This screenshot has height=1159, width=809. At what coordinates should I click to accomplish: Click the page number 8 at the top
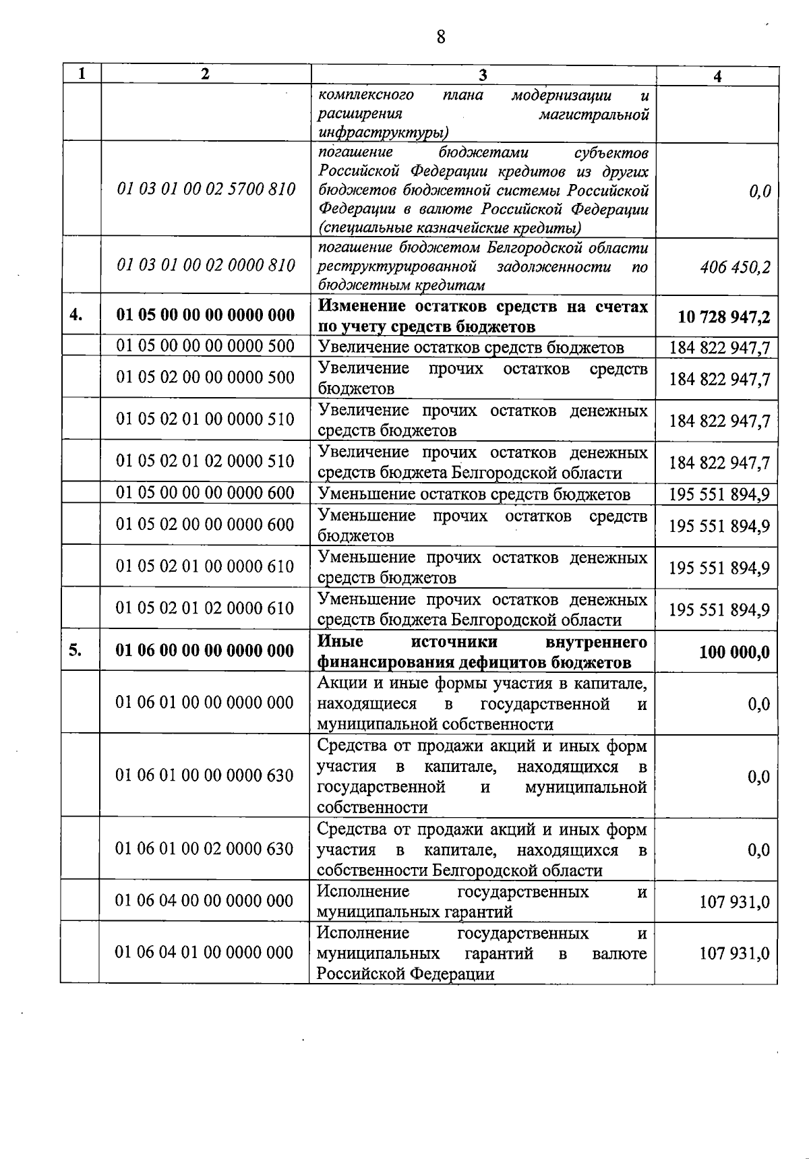(441, 36)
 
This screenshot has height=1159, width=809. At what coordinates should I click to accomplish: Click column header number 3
(483, 75)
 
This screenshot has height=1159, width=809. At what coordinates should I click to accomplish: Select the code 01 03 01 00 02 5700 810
(206, 189)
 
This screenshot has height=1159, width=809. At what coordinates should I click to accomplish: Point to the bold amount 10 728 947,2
(723, 317)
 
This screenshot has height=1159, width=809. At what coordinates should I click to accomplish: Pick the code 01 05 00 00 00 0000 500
(206, 347)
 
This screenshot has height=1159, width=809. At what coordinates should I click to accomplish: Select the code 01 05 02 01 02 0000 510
(206, 461)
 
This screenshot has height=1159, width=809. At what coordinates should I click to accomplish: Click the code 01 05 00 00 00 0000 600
(206, 494)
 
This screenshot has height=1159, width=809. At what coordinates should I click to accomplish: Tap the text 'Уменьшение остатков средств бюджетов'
(473, 495)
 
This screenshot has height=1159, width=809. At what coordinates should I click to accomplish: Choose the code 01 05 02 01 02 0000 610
(205, 608)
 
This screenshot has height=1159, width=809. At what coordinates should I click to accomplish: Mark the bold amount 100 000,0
(734, 653)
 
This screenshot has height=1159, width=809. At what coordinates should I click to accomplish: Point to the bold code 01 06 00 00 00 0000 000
(205, 651)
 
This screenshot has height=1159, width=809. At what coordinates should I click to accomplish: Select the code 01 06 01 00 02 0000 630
(204, 848)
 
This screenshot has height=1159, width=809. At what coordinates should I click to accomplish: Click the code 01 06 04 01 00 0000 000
(204, 953)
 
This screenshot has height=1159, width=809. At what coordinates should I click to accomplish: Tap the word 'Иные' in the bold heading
(340, 641)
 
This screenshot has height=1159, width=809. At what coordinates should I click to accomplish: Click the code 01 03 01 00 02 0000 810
(206, 266)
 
